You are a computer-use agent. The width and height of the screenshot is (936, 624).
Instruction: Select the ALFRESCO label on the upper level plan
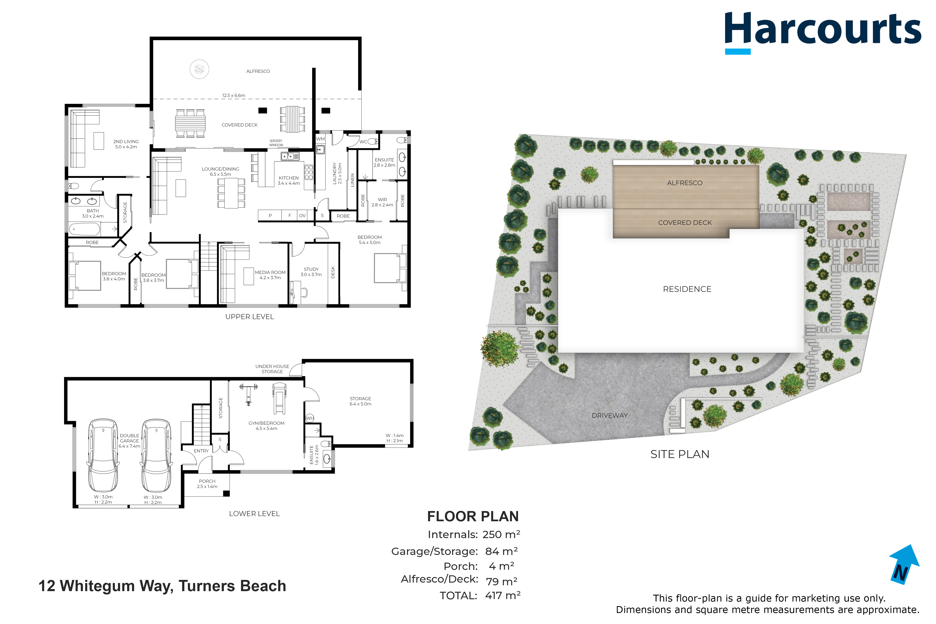coord(258,71)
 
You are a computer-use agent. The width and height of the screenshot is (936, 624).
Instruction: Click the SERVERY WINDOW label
coord(276,143)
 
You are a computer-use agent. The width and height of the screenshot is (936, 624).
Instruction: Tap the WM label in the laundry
coord(320,139)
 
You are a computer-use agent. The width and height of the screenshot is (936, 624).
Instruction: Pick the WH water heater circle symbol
coord(310,418)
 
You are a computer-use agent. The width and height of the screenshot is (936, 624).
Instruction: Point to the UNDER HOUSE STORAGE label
coord(272,369)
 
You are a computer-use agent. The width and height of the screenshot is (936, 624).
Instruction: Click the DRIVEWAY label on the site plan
coord(610,415)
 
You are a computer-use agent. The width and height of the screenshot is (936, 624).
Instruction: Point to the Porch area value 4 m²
coord(501,566)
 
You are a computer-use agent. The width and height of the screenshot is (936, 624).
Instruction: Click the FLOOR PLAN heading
coord(473,516)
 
